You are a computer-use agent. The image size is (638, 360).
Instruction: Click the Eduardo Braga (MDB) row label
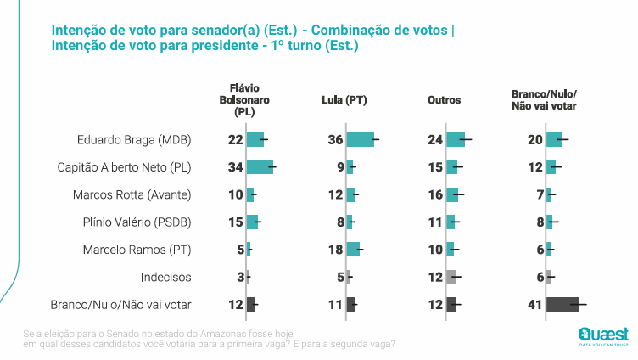[x=134, y=140]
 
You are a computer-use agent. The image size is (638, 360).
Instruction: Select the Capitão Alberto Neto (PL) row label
[x=123, y=167]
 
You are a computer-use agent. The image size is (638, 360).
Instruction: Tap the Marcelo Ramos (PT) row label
[x=137, y=250]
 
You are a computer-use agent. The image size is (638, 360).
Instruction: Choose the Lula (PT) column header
[x=344, y=100]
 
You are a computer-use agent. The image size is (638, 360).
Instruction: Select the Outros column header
[x=444, y=100]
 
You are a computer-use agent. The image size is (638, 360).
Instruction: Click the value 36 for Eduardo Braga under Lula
[x=336, y=140]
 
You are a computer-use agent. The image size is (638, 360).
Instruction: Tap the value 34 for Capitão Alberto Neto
[x=236, y=167]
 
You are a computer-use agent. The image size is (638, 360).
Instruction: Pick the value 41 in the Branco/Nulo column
[x=535, y=304]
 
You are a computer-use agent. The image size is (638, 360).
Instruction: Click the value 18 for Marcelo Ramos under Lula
[x=336, y=250]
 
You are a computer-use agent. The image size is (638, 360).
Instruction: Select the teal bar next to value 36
[x=360, y=140]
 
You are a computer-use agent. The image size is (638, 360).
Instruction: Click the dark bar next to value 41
[x=562, y=304]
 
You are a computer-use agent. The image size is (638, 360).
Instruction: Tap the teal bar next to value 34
[x=259, y=167]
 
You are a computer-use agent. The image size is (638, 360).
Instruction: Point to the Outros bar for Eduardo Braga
[x=455, y=140]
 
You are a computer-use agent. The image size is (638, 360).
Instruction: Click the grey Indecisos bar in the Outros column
[x=451, y=277]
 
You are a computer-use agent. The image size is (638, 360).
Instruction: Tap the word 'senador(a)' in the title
[x=190, y=30]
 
